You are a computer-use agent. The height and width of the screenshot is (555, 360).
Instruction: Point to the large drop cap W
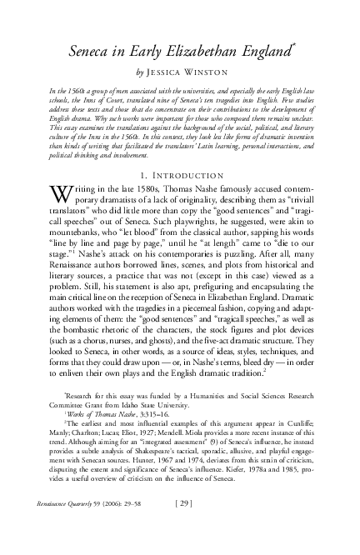coord(62,174)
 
